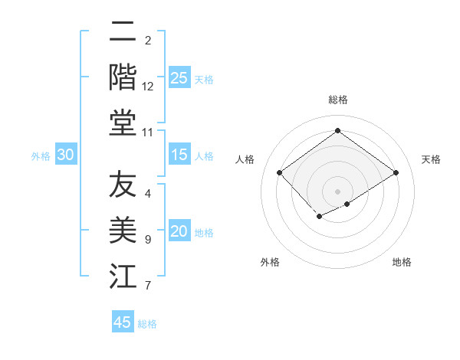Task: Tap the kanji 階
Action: pyautogui.click(x=123, y=77)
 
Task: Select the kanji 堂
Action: pyautogui.click(x=123, y=123)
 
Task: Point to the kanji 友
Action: pyautogui.click(x=123, y=185)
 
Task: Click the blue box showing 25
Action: pyautogui.click(x=179, y=78)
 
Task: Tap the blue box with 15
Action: pyautogui.click(x=179, y=155)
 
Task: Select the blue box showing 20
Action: pyautogui.click(x=179, y=232)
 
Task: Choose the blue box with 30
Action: pyautogui.click(x=66, y=155)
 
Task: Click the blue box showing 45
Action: pyautogui.click(x=123, y=322)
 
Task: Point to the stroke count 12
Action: pyautogui.click(x=148, y=87)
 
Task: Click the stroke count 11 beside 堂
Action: pyautogui.click(x=148, y=133)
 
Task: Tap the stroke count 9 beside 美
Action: pyautogui.click(x=148, y=240)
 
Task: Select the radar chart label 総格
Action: pyautogui.click(x=337, y=100)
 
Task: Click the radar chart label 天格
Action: pyautogui.click(x=431, y=159)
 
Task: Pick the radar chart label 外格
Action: pyautogui.click(x=270, y=262)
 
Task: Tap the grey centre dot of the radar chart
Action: pyautogui.click(x=337, y=191)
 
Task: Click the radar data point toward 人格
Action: pyautogui.click(x=280, y=172)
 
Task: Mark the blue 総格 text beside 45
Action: pyautogui.click(x=147, y=324)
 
